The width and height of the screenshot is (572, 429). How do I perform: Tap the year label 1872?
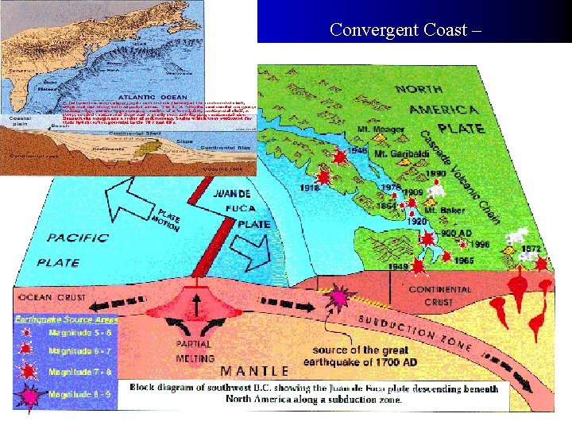point(531,249)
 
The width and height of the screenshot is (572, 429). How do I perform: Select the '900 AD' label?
point(456,234)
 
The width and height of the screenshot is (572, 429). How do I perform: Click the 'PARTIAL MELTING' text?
point(194,351)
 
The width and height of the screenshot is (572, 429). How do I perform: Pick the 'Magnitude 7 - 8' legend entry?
point(79,371)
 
